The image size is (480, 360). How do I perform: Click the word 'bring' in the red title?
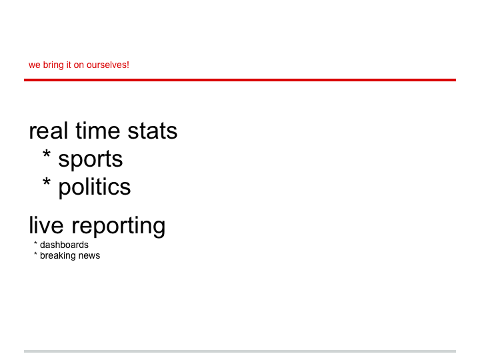coord(53,65)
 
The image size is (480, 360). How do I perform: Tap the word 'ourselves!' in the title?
coord(108,65)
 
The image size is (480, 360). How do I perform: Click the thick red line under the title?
coord(240,80)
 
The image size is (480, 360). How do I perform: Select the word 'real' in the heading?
coord(49,131)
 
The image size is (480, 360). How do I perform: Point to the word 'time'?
coord(97,131)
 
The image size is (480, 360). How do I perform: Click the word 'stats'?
coord(153,131)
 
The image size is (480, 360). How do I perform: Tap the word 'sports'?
coord(91,160)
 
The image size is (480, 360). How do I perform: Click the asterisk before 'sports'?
coord(47,154)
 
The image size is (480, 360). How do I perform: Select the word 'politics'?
coord(95,187)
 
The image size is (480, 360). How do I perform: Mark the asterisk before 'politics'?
coord(47,182)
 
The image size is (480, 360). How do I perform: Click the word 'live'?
coord(46,225)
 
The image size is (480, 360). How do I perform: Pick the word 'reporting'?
coord(119,227)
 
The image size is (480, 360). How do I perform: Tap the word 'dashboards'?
coord(64,245)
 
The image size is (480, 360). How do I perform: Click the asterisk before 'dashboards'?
coord(35,243)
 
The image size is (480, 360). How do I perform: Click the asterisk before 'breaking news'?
coord(35,254)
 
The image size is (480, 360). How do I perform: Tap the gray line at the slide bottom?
coord(240,351)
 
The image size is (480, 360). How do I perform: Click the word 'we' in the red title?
coord(35,65)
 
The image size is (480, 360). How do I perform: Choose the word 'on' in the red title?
coord(79,65)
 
